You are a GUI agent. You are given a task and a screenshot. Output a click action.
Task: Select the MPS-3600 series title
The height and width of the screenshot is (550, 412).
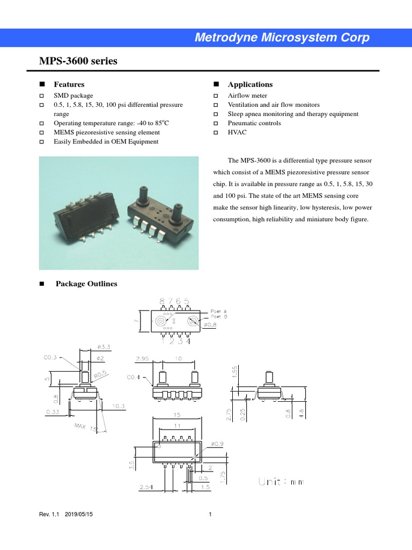pos(78,61)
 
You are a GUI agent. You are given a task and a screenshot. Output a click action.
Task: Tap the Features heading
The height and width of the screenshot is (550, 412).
pos(69,84)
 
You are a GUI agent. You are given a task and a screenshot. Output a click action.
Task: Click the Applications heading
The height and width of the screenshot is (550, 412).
pos(250,84)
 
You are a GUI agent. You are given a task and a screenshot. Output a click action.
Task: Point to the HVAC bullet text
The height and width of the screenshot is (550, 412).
pos(237,132)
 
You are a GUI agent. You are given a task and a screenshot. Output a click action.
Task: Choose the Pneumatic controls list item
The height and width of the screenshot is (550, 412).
pos(254,123)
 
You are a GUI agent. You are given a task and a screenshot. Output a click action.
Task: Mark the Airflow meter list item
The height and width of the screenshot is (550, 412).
pos(247,96)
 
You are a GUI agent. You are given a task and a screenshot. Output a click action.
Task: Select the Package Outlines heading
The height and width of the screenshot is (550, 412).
pos(86,284)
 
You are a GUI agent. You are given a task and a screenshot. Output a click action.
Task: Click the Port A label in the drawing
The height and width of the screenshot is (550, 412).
pos(218,311)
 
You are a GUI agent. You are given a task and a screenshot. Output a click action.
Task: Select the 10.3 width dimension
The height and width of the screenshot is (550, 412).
pos(119,407)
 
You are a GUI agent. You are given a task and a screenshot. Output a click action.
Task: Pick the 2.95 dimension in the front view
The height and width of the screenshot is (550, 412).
pos(143,358)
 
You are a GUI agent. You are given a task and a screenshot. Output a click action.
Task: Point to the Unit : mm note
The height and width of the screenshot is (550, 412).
pos(281,482)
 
